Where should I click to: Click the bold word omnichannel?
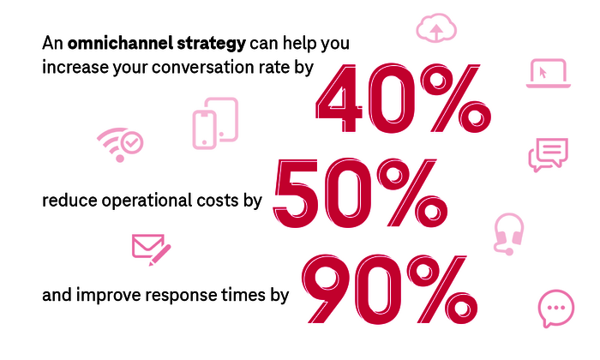click(x=116, y=42)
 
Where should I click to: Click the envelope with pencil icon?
click(x=151, y=248)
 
